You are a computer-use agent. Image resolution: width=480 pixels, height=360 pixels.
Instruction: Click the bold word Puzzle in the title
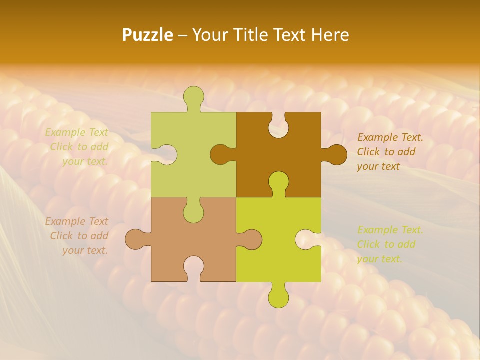148,35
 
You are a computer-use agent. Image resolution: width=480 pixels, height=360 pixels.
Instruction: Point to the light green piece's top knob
194,97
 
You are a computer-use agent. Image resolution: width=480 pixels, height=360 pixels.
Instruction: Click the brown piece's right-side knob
336,154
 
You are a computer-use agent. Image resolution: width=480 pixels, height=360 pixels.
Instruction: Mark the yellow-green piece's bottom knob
278,296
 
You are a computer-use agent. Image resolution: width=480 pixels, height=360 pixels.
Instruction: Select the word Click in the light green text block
62,147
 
